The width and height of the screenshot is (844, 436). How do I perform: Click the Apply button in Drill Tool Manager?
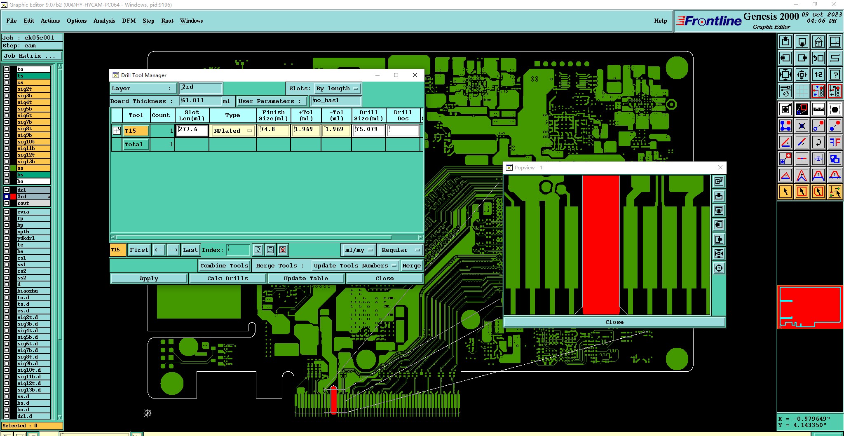(x=149, y=279)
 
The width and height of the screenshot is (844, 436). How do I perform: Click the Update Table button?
(x=306, y=279)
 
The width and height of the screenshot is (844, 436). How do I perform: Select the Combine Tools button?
(x=224, y=266)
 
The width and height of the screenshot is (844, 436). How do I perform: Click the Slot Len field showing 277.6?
(x=192, y=130)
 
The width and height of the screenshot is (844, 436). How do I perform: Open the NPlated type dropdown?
(x=233, y=131)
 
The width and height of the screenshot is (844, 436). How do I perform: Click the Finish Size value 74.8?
(x=273, y=130)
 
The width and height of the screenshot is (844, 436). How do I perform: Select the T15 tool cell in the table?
(x=136, y=131)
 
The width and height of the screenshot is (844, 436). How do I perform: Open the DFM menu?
(x=129, y=21)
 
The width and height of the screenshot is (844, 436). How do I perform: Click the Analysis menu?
(x=104, y=21)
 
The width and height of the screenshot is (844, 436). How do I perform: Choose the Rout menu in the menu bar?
(x=167, y=21)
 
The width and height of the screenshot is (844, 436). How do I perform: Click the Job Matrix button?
(x=32, y=56)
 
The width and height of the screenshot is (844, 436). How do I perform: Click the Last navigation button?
(x=190, y=250)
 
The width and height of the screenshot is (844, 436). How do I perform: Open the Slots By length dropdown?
(x=338, y=89)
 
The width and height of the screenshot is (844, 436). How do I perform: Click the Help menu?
(x=660, y=21)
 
